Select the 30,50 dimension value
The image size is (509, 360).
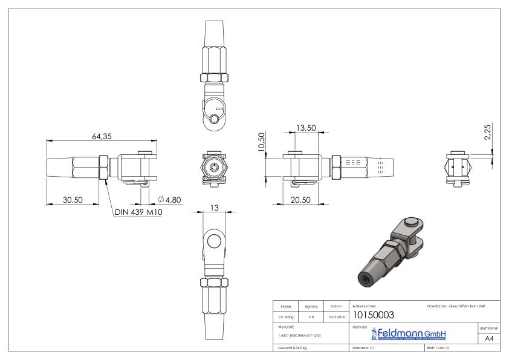point(73,200)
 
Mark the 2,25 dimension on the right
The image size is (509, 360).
point(489,132)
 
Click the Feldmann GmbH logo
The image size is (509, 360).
point(400,334)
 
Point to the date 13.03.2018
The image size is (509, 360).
point(336,316)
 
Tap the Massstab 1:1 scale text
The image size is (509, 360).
point(365,349)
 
